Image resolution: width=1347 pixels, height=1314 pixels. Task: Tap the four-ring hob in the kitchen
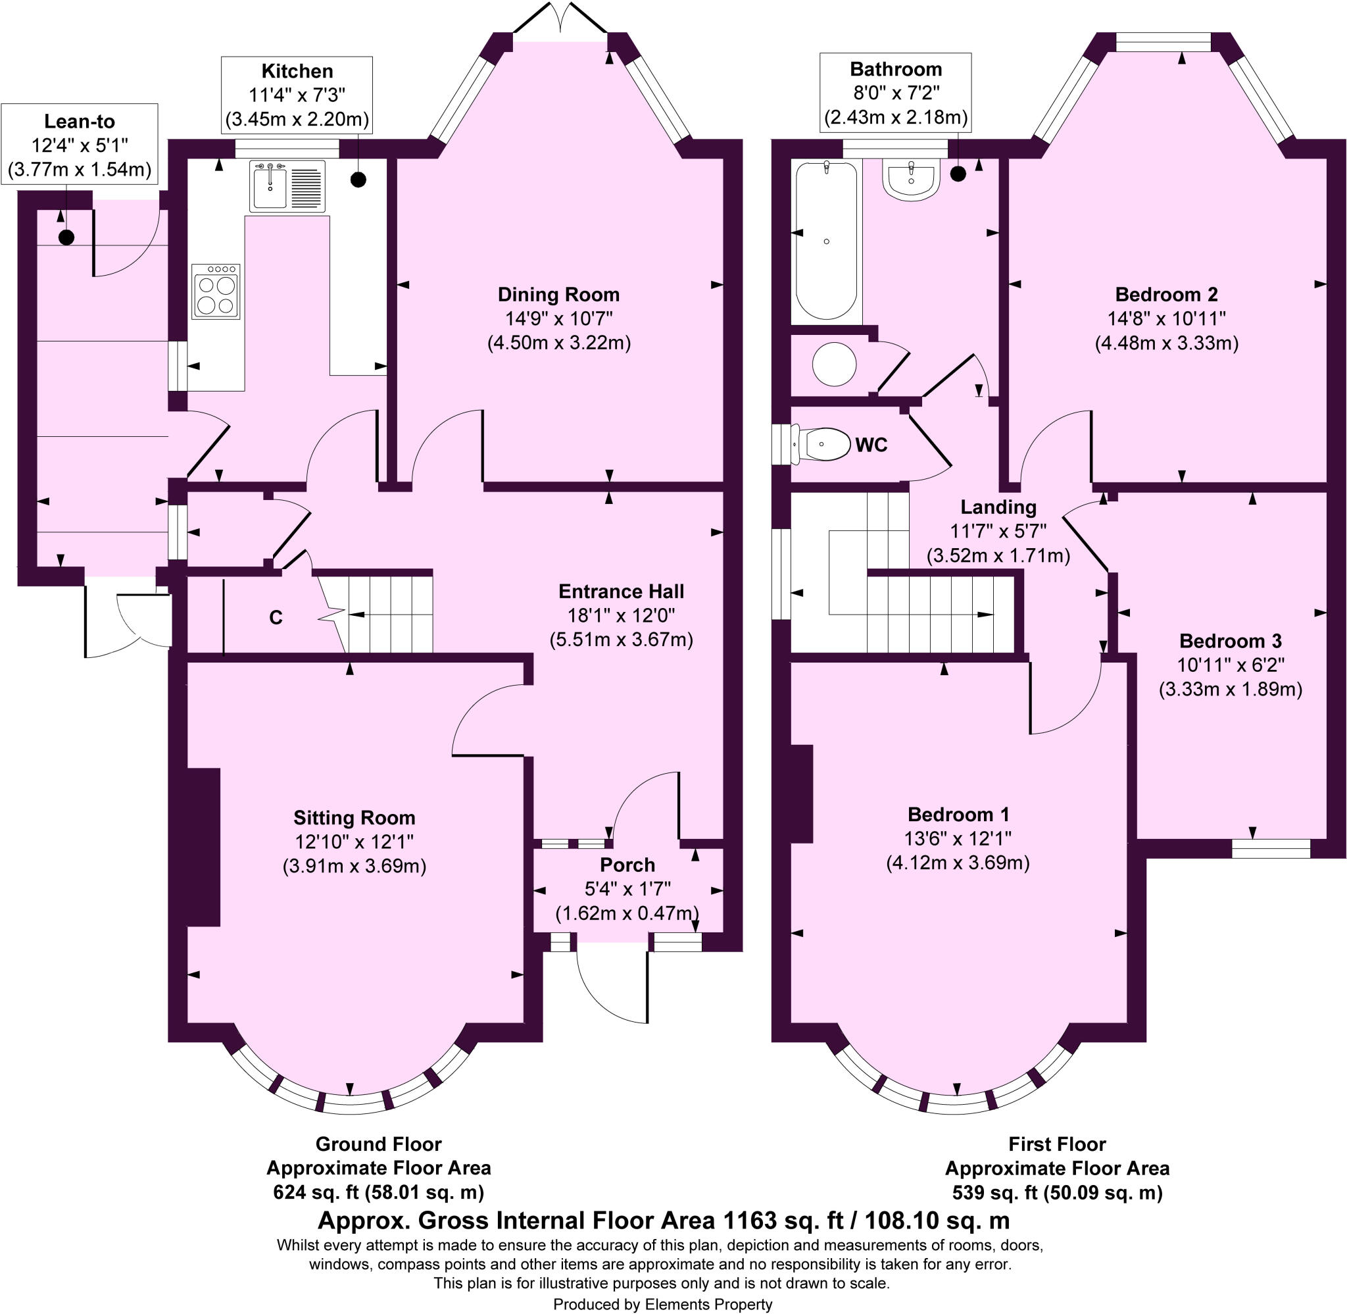[x=216, y=291]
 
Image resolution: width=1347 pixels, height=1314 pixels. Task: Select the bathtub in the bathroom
[x=826, y=240]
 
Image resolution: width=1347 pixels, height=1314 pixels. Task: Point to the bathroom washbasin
[x=910, y=180]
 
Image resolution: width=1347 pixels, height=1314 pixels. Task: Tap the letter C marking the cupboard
[x=276, y=618]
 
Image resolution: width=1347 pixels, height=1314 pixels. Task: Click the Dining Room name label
[x=558, y=295]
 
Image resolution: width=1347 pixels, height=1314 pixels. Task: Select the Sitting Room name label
[x=355, y=818]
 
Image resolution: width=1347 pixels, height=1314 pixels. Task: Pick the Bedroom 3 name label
[x=1231, y=641]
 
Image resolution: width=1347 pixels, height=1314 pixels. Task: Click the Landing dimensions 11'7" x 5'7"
[x=998, y=532]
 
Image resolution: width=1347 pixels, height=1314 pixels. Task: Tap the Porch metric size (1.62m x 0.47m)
[x=627, y=913]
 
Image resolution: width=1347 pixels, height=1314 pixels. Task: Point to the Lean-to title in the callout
[x=80, y=122]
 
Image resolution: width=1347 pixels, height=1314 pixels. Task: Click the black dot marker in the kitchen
[x=358, y=180]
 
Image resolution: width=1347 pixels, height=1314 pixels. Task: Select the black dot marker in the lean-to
[x=66, y=238]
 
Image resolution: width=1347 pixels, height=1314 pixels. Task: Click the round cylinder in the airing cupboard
[x=835, y=364]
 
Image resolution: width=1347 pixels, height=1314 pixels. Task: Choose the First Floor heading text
[x=1058, y=1144]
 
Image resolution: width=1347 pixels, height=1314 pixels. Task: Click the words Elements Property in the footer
[x=708, y=1303]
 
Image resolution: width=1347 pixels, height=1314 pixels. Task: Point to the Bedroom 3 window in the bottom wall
[x=1271, y=848]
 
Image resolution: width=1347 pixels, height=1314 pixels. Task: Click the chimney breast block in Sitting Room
[x=203, y=847]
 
